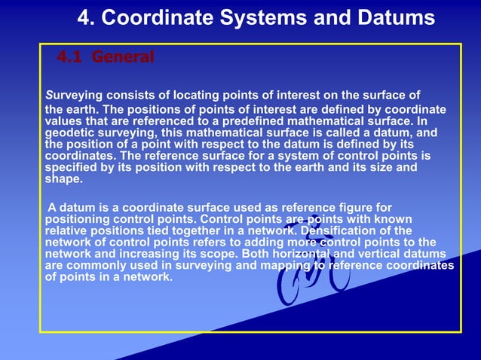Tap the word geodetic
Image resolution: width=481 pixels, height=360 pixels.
point(71,132)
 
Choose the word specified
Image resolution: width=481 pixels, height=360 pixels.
point(72,168)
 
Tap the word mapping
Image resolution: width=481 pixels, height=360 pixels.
point(279,265)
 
